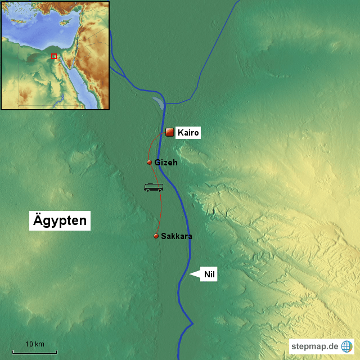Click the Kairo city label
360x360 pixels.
188,133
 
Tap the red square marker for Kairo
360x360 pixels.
169,132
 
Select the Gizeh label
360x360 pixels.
166,163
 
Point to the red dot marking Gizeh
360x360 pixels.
149,162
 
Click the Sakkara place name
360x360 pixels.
177,236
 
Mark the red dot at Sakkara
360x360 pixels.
156,236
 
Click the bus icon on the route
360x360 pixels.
154,187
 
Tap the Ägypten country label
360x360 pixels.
59,220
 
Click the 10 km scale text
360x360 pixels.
35,344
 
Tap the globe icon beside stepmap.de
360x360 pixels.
346,346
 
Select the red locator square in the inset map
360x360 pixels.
54,56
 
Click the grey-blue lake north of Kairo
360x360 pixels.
158,102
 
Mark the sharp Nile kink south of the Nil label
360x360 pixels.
192,323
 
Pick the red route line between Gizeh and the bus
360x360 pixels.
155,175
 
